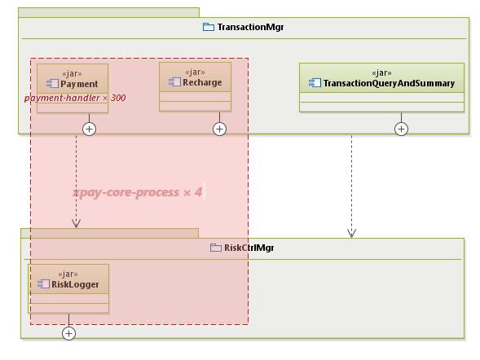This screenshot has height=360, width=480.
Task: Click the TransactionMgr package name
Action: click(x=250, y=27)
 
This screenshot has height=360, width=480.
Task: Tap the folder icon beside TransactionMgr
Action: click(x=209, y=27)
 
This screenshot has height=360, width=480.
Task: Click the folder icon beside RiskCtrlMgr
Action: click(x=216, y=248)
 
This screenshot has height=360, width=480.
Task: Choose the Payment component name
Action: click(x=79, y=84)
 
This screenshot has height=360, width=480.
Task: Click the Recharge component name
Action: click(x=201, y=82)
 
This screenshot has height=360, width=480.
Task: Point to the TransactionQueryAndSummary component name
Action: click(x=388, y=83)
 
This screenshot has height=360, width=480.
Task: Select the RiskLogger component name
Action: click(x=75, y=284)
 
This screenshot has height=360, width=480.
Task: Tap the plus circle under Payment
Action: click(x=90, y=129)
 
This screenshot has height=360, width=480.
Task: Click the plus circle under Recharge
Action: click(x=219, y=129)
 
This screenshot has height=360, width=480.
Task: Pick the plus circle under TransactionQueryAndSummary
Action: click(x=401, y=129)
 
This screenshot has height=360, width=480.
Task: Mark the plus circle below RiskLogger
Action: click(x=69, y=332)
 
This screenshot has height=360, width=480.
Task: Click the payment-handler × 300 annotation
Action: click(x=75, y=98)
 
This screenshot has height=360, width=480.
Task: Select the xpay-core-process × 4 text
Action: click(x=138, y=192)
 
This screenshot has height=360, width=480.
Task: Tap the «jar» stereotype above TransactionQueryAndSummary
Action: click(x=381, y=72)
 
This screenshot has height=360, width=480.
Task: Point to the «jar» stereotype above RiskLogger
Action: click(x=68, y=273)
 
